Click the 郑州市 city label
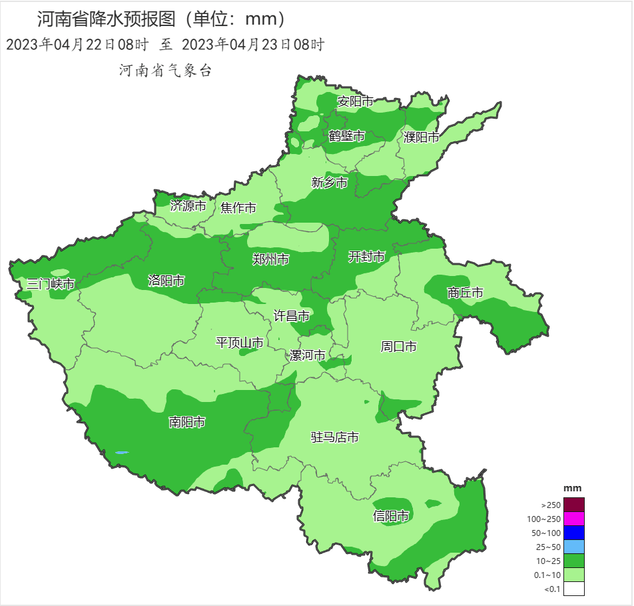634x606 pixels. click(x=271, y=259)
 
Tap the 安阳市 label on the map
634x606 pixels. click(x=356, y=101)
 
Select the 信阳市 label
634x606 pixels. click(x=391, y=515)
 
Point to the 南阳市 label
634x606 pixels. click(x=186, y=421)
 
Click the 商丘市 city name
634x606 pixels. click(x=465, y=292)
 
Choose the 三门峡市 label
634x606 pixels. click(x=50, y=284)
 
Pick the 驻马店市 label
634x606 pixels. click(x=335, y=437)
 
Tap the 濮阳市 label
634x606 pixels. click(x=422, y=137)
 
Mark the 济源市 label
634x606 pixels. click(x=188, y=206)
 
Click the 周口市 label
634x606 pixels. click(x=398, y=346)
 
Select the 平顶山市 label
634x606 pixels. click(x=240, y=343)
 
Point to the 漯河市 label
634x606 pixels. click(x=308, y=355)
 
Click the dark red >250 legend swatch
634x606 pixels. click(x=573, y=504)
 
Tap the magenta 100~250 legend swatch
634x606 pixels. click(x=573, y=518)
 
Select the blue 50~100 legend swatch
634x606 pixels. click(x=573, y=532)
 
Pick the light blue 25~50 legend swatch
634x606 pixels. click(x=573, y=546)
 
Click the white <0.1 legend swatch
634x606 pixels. click(x=573, y=588)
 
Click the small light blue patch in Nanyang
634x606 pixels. click(x=121, y=453)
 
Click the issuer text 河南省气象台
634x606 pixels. click(x=165, y=71)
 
